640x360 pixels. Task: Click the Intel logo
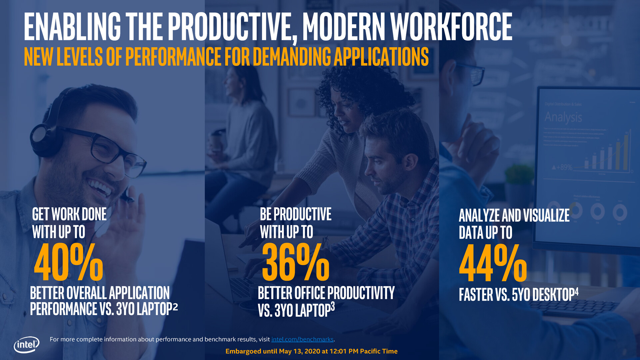[26, 345]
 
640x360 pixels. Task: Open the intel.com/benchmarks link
[302, 339]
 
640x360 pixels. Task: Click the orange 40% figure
[68, 262]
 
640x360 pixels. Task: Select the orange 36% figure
[295, 262]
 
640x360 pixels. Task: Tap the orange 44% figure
[493, 263]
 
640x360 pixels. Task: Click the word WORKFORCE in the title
[451, 27]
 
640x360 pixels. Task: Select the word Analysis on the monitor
[563, 117]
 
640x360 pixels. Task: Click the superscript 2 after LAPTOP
[175, 306]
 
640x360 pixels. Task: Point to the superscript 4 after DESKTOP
[576, 292]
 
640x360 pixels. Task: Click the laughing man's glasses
[110, 150]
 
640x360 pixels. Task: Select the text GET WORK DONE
[69, 214]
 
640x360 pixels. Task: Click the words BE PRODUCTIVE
[296, 214]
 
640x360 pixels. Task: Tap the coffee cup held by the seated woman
[217, 140]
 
